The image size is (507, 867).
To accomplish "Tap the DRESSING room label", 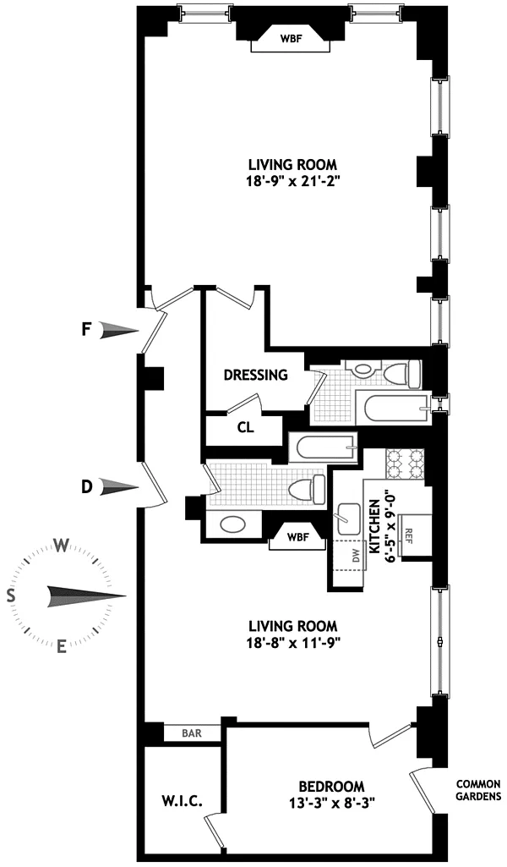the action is [x=256, y=375].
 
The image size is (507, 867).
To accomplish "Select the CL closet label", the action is [x=246, y=428].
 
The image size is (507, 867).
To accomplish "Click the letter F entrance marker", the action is [x=85, y=331].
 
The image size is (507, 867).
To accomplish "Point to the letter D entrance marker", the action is [x=86, y=487].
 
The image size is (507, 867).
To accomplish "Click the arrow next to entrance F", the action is [x=118, y=331].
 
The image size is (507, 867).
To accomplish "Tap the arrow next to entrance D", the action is [x=118, y=487].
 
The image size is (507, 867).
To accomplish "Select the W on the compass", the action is [x=62, y=546].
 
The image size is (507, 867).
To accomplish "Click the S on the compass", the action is [x=10, y=595].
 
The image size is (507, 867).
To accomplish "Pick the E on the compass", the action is [x=62, y=645].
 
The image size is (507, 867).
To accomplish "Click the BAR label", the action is [x=191, y=734].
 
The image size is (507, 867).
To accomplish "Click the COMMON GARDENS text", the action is [x=479, y=790].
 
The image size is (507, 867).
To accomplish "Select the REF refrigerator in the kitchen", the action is [x=416, y=536].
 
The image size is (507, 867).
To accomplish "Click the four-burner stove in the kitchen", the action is [x=406, y=464].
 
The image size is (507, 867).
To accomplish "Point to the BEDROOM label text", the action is [x=331, y=787].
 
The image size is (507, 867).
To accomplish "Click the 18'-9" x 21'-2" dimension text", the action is [x=292, y=182].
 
